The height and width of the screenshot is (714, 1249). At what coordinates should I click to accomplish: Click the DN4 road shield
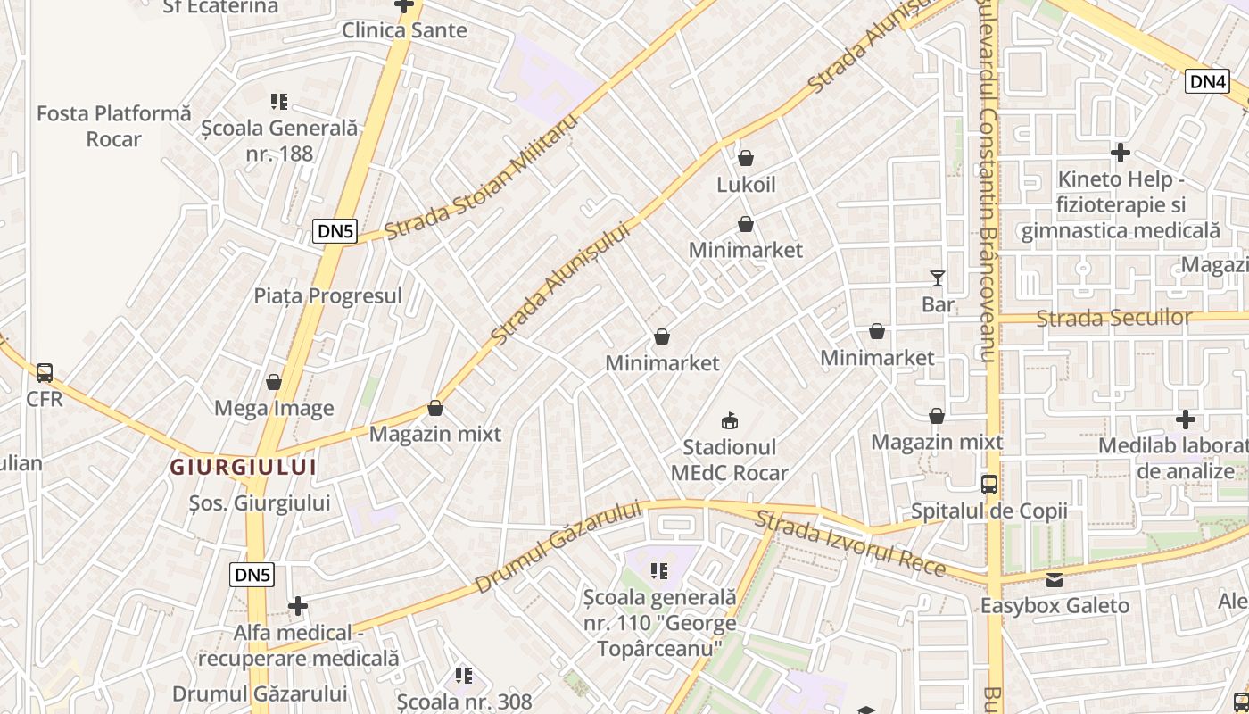click(x=1208, y=81)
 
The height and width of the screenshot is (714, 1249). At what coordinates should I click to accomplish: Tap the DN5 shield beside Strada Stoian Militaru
click(x=335, y=231)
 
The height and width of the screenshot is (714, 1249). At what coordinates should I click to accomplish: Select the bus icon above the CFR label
click(x=44, y=373)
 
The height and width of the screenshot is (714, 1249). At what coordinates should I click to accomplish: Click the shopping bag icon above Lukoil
click(x=746, y=159)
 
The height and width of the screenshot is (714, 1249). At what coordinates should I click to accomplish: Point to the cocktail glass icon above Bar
click(x=937, y=278)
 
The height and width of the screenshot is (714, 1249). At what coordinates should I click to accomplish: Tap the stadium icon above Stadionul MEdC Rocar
click(x=730, y=420)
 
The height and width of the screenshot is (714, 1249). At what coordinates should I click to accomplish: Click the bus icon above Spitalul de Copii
click(x=988, y=485)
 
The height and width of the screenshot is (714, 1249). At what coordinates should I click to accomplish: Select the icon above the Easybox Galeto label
click(x=1055, y=580)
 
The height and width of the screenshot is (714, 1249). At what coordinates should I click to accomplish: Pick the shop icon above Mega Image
click(x=274, y=383)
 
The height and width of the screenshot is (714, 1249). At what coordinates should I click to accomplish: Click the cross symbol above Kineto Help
click(x=1121, y=153)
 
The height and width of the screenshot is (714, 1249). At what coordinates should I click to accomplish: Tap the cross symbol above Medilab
click(x=1185, y=419)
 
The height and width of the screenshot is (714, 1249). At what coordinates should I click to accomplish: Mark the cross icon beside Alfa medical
click(x=298, y=607)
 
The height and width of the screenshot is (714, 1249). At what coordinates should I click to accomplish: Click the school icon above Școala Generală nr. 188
click(x=279, y=102)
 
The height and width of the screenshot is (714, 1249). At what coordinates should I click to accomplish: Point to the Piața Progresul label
click(x=327, y=295)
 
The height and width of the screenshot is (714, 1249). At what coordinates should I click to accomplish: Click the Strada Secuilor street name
click(x=1113, y=318)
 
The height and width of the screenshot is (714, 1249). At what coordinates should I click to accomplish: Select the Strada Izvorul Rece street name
click(x=850, y=544)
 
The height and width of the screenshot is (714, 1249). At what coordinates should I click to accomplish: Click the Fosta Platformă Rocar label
click(x=114, y=126)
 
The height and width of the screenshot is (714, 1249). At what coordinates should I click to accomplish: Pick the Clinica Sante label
click(x=404, y=30)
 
